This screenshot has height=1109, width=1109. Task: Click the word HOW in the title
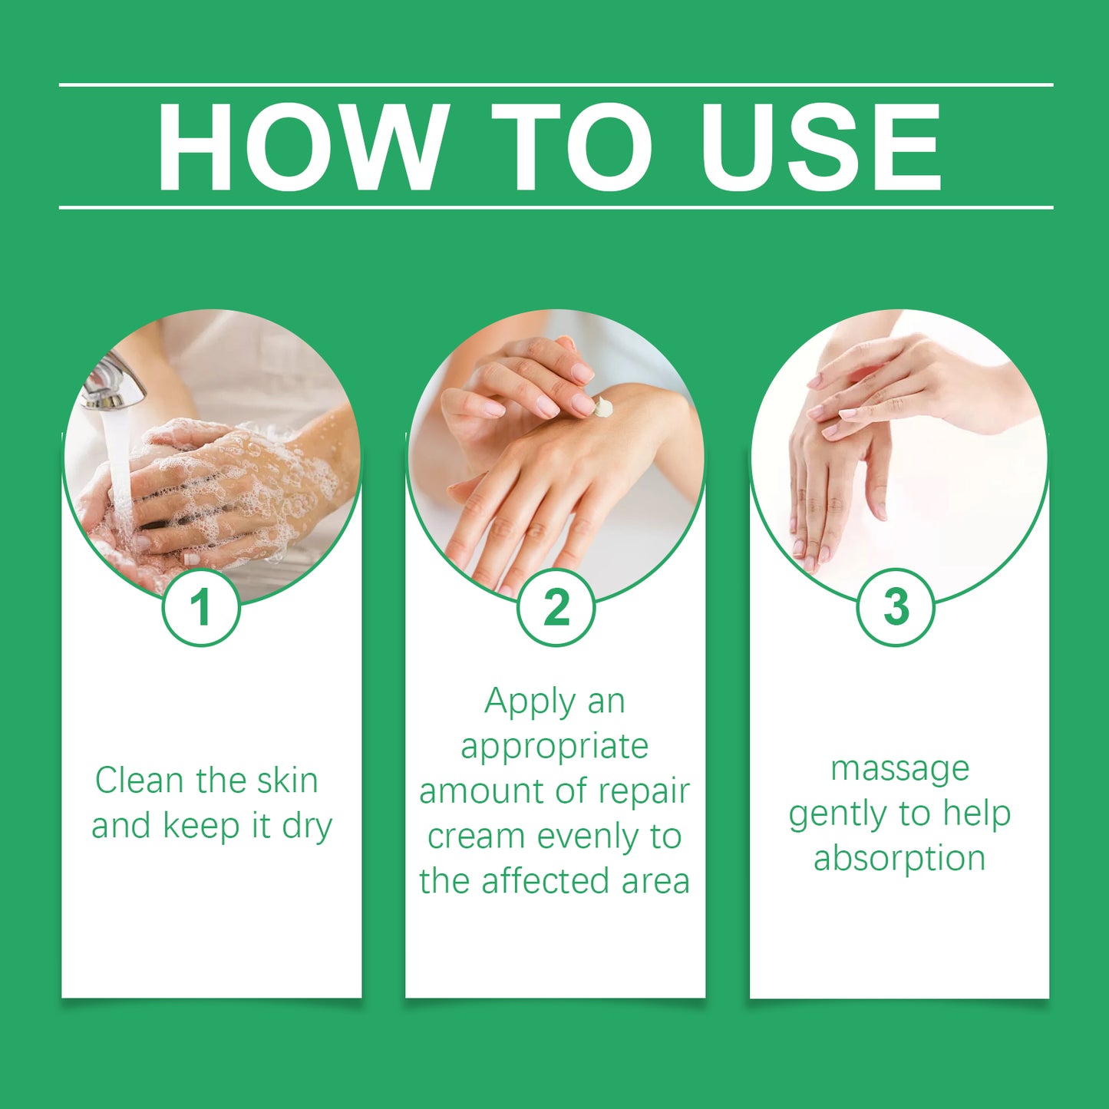click(302, 147)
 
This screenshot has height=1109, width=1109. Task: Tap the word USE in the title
click(820, 147)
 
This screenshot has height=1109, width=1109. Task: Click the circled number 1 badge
click(201, 606)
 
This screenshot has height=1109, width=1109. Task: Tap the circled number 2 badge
click(556, 606)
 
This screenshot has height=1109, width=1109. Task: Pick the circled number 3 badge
click(896, 606)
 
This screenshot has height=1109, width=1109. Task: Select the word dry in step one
click(307, 827)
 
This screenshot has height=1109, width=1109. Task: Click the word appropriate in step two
click(555, 748)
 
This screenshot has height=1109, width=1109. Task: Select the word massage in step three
click(900, 770)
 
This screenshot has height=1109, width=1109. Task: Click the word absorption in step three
click(899, 860)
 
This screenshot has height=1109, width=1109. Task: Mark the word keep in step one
click(201, 827)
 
